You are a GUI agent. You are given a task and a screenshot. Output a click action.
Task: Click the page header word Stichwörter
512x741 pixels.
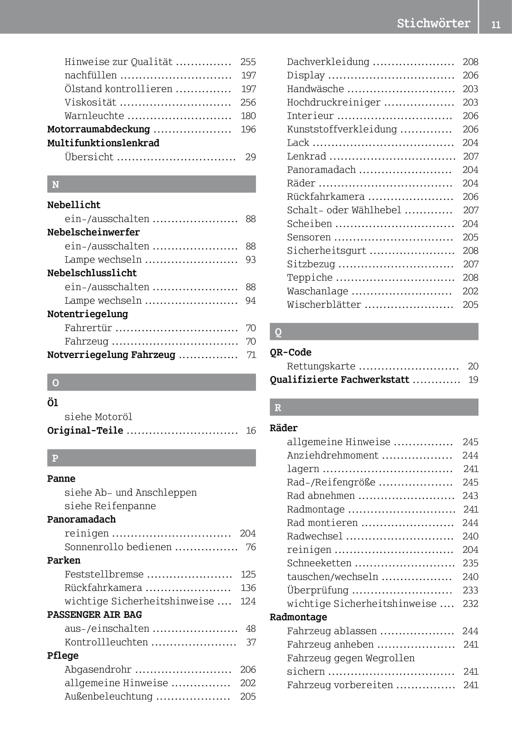coord(434,23)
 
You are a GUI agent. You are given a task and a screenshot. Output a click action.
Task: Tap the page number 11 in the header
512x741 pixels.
coord(495,25)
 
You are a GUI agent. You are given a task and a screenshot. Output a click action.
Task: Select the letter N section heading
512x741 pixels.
coord(56,185)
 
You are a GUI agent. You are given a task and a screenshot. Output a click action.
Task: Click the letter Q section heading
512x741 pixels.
coord(278,332)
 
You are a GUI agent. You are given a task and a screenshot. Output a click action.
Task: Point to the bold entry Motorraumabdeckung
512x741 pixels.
coord(99,129)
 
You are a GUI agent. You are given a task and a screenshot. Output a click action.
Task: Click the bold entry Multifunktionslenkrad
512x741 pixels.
coord(103,143)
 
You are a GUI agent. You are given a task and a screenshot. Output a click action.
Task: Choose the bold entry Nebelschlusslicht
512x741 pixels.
coord(92,273)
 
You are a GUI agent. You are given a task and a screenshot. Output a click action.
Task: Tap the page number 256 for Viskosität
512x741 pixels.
coord(248,103)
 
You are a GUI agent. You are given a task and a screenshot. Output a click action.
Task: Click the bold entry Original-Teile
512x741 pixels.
coord(85,431)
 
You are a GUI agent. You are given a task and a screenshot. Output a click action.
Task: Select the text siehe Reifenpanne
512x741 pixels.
coord(110,506)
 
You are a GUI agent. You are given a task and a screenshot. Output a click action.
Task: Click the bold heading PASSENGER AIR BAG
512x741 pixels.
coord(95,615)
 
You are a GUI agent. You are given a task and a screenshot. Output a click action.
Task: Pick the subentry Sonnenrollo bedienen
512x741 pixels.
coord(118,547)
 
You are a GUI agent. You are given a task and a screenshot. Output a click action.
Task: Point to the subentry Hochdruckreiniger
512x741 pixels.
coord(334,103)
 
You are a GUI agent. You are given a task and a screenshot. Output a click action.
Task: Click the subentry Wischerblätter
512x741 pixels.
coord(324,305)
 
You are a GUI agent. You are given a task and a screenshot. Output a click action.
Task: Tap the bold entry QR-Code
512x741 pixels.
coord(291,352)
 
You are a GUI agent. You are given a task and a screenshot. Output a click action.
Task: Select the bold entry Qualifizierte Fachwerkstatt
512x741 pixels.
coord(339,380)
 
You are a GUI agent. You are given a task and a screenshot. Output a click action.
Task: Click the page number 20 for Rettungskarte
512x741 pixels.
coord(473,366)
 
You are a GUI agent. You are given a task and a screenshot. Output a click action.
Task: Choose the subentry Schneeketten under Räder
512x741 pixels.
coord(319,563)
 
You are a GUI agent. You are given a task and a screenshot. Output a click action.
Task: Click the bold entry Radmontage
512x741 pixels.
coord(298,617)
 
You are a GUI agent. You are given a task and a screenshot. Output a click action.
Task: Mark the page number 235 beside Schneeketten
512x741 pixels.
coord(470,563)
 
